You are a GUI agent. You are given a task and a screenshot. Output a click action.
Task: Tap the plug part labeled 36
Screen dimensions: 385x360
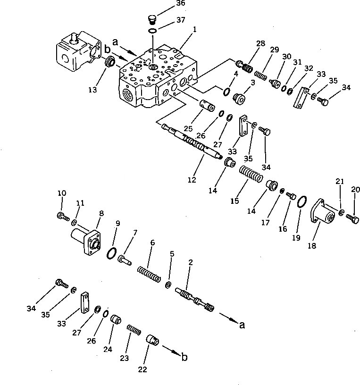click(151, 19)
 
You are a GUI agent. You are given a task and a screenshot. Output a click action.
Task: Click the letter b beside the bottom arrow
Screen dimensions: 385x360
click(184, 358)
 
